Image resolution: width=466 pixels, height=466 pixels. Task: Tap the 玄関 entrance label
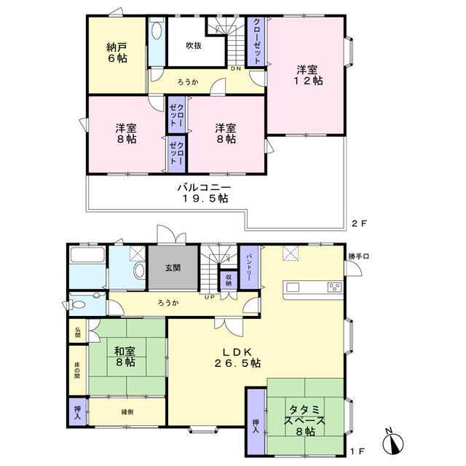(x=173, y=268)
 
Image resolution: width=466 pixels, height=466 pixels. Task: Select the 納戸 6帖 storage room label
(x=117, y=52)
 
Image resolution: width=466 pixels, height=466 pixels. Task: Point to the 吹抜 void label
(x=194, y=45)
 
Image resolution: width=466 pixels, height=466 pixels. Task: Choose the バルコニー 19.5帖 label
(x=205, y=193)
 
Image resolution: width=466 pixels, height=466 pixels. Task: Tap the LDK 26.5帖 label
(x=238, y=358)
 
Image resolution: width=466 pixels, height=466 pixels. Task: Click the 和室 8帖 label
(x=125, y=357)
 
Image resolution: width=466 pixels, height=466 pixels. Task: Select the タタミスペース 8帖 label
(x=304, y=421)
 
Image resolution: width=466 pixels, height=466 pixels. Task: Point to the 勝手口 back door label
(x=359, y=256)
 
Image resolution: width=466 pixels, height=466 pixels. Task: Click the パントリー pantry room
(x=249, y=267)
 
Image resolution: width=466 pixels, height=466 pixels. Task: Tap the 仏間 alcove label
(x=78, y=332)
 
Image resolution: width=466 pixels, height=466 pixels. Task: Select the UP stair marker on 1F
(x=209, y=297)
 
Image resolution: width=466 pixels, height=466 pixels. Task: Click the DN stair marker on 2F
(x=236, y=68)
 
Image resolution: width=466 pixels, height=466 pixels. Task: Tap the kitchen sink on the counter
(x=293, y=288)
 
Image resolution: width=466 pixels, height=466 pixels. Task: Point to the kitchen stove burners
(x=335, y=288)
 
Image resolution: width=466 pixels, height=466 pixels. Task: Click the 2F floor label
(x=359, y=224)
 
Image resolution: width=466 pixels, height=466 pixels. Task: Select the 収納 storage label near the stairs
(x=229, y=280)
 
